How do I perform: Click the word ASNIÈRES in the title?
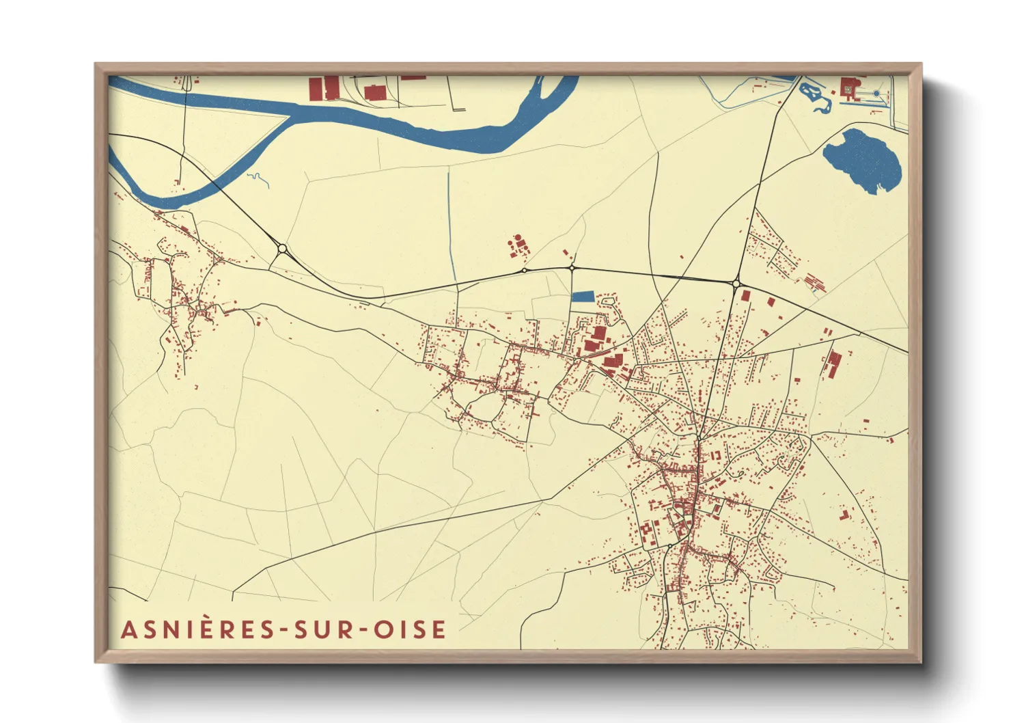pyautogui.click(x=198, y=629)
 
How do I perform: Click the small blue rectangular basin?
pyautogui.click(x=583, y=297)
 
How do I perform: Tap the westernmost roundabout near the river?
pyautogui.click(x=282, y=249)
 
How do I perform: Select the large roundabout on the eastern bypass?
pyautogui.click(x=736, y=283)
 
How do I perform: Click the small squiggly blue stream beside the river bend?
pyautogui.click(x=258, y=179)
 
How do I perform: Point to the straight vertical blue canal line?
pyautogui.click(x=450, y=219)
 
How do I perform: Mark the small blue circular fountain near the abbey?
pyautogui.click(x=876, y=93)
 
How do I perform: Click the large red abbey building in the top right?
pyautogui.click(x=849, y=89)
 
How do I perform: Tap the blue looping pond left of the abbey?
pyautogui.click(x=815, y=96)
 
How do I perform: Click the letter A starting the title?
pyautogui.click(x=127, y=629)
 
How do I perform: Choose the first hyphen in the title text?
pyautogui.click(x=282, y=630)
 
